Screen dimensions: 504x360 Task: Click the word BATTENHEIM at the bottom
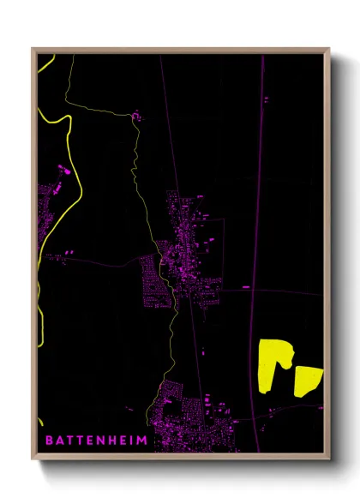[96, 440]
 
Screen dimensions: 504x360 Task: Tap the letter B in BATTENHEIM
[48, 440]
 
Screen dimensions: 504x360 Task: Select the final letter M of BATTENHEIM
[142, 440]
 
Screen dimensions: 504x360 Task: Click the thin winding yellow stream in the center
[135, 163]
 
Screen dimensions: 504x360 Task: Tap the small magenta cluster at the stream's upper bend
[135, 113]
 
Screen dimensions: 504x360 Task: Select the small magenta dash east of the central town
[246, 287]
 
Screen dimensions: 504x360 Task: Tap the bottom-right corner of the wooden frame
[328, 458]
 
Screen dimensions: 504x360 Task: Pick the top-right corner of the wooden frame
[328, 50]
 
